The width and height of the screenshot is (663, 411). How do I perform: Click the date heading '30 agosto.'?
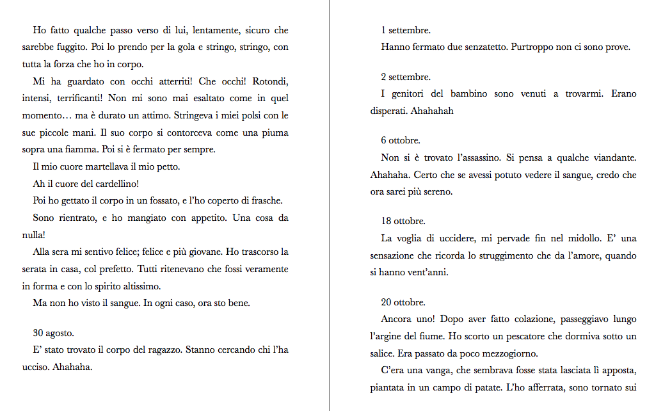54,333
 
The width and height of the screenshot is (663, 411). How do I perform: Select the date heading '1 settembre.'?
406,30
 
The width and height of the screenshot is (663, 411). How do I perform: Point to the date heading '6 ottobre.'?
401,140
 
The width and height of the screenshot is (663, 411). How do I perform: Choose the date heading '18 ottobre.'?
403,221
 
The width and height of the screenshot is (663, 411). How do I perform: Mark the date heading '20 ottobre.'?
403,302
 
